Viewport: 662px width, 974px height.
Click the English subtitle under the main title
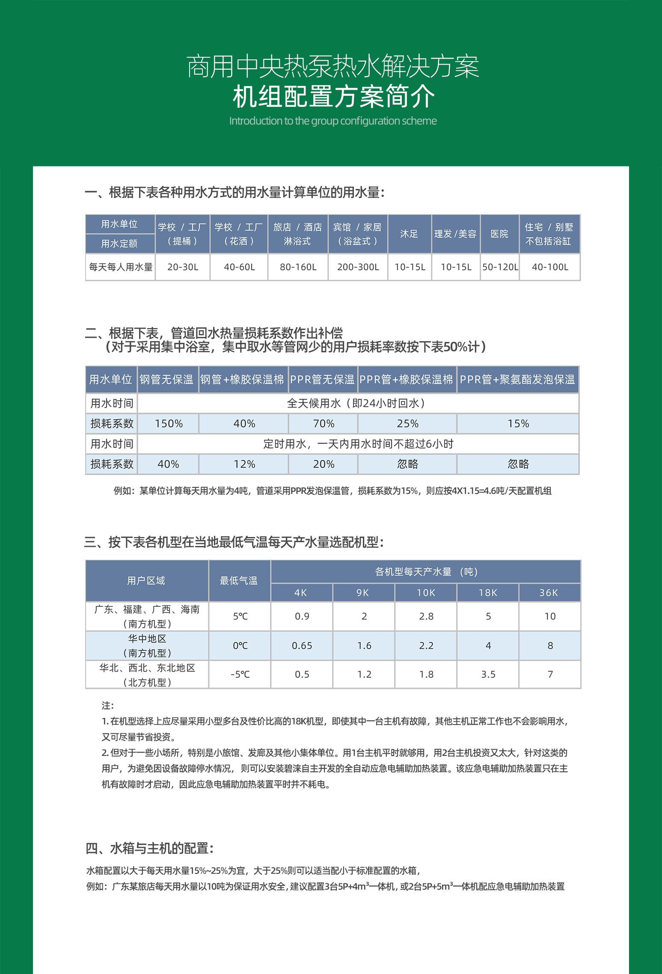pos(333,121)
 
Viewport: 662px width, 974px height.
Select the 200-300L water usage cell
pos(358,267)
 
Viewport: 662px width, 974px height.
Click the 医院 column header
pos(499,234)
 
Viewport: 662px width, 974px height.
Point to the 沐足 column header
pos(409,234)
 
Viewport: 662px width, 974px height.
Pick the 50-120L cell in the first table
pos(500,267)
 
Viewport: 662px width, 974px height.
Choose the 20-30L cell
pos(183,267)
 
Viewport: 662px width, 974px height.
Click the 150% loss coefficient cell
pos(169,424)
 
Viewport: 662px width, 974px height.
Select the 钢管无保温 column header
pos(167,379)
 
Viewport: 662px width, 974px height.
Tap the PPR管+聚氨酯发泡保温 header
pos(517,379)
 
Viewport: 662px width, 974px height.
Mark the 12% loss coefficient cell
pos(244,464)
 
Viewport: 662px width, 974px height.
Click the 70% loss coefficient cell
pos(324,424)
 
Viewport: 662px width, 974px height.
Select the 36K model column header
pos(549,593)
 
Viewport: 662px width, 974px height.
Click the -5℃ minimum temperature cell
pos(240,675)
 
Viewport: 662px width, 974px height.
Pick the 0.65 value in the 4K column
pos(302,646)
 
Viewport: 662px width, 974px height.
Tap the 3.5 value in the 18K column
pos(488,675)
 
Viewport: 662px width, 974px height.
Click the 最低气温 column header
pos(239,581)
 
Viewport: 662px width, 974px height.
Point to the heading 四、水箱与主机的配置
pos(150,848)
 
